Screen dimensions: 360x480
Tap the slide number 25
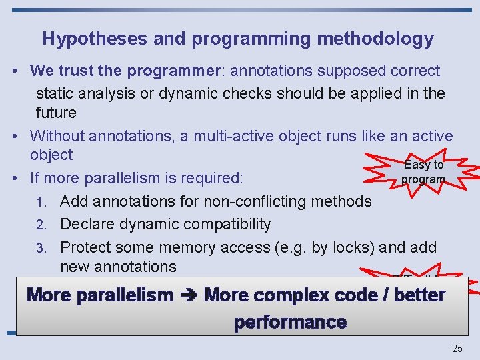click(457, 348)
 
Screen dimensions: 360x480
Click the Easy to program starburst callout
click(423, 172)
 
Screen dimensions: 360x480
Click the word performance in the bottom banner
click(290, 323)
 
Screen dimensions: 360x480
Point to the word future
click(56, 113)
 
